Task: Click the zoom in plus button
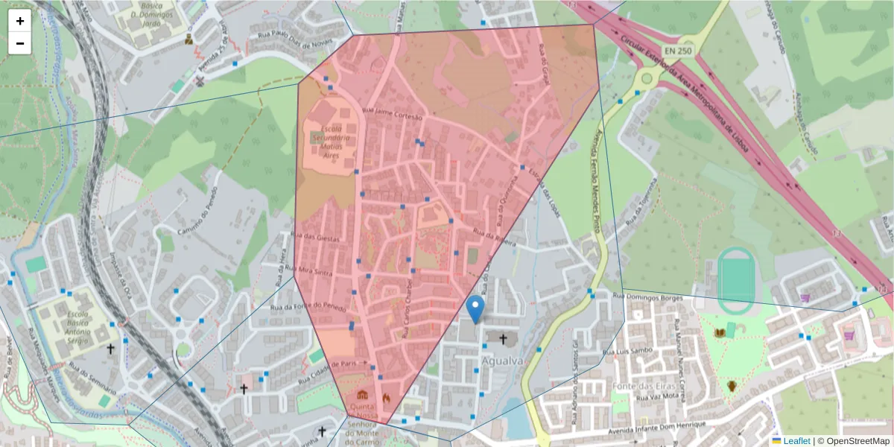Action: click(x=20, y=21)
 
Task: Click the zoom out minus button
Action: click(x=20, y=43)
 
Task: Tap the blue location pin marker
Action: click(x=475, y=308)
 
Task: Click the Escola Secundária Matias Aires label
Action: click(x=329, y=143)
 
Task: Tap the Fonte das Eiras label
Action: click(x=638, y=386)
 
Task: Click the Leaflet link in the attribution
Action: click(x=796, y=441)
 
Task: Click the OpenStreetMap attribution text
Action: click(x=853, y=441)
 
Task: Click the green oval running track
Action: click(x=736, y=275)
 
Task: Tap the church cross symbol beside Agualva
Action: click(x=503, y=340)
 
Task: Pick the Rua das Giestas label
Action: click(x=318, y=238)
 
